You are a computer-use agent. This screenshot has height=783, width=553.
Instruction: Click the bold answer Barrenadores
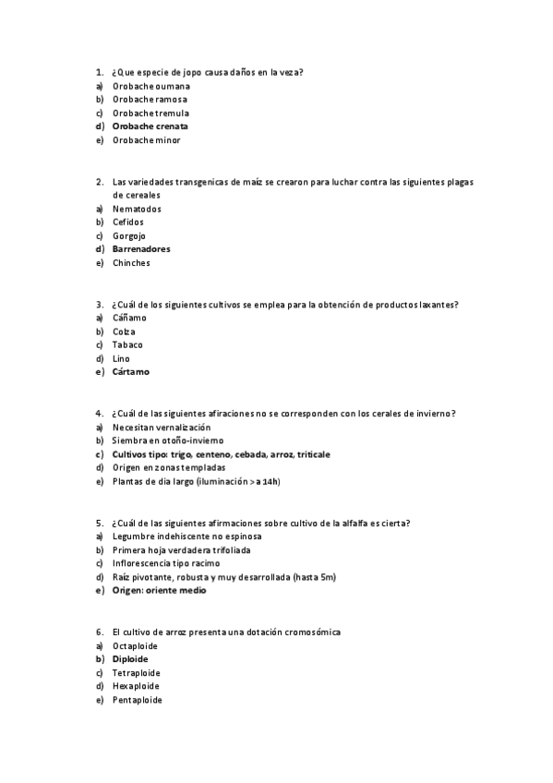[141, 249]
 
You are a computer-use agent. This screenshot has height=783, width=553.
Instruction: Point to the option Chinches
[131, 263]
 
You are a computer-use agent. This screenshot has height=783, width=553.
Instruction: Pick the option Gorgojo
[129, 235]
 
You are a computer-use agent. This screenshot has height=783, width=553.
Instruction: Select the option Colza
[124, 331]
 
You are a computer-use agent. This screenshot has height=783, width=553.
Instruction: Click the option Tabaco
[127, 344]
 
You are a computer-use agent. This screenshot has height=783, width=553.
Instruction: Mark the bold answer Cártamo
[130, 372]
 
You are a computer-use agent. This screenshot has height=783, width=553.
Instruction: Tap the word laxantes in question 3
[439, 305]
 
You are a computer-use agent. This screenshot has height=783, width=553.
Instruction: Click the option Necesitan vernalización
[162, 428]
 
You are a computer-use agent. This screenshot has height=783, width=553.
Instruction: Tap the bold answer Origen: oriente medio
[159, 591]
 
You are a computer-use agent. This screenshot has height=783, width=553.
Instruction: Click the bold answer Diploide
[130, 659]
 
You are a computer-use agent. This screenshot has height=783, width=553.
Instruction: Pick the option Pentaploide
[137, 700]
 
